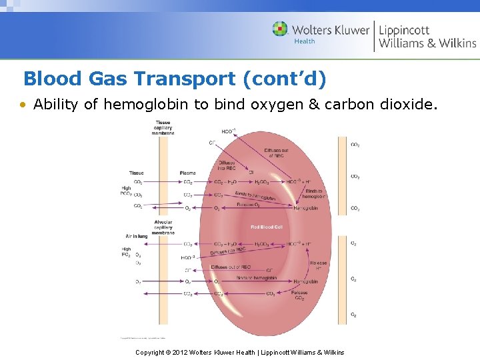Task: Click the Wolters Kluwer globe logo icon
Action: [x=280, y=29]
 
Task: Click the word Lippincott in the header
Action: [x=405, y=29]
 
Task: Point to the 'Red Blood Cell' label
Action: [x=267, y=227]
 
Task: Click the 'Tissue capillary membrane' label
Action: [x=163, y=127]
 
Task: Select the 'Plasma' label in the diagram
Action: [x=188, y=173]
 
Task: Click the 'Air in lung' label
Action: [x=136, y=236]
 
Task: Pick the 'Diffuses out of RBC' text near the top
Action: [x=277, y=153]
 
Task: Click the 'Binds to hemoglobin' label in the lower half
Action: [x=252, y=277]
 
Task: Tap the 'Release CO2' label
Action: [x=299, y=295]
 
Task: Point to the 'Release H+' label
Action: [x=318, y=265]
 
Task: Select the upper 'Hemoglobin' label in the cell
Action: [x=305, y=208]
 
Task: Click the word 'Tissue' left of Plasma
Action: [x=136, y=173]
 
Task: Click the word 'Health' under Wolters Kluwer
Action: [x=305, y=41]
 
